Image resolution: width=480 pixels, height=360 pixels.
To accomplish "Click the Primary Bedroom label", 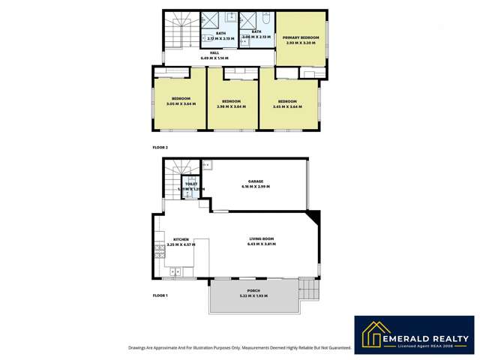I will click(x=301, y=37).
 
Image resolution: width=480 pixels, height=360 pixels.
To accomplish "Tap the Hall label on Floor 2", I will click(x=214, y=52).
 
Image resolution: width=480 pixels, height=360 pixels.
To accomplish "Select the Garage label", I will click(x=256, y=181).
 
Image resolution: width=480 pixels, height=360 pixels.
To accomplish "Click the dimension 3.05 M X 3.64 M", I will click(x=181, y=104).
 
